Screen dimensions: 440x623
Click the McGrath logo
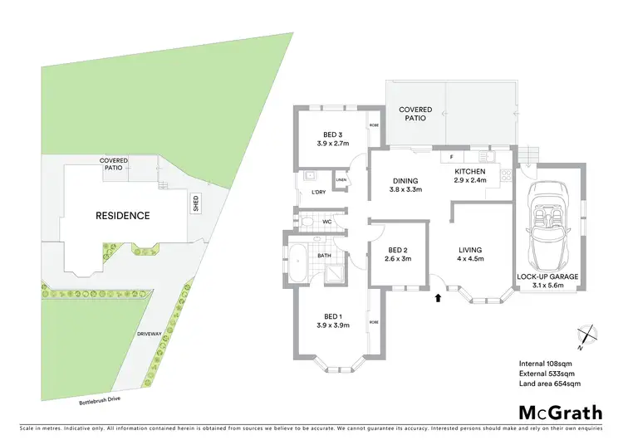click(x=561, y=413)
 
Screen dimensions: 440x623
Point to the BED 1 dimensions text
click(x=332, y=325)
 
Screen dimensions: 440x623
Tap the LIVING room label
click(x=470, y=250)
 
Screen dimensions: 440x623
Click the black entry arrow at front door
click(x=439, y=298)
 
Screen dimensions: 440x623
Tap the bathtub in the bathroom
click(x=297, y=265)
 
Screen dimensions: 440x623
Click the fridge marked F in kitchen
click(x=451, y=156)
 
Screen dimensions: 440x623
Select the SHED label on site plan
click(x=195, y=203)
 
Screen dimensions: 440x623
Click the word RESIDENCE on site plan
click(x=122, y=216)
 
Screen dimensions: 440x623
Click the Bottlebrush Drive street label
click(x=99, y=402)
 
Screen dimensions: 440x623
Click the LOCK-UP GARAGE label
click(x=547, y=276)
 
